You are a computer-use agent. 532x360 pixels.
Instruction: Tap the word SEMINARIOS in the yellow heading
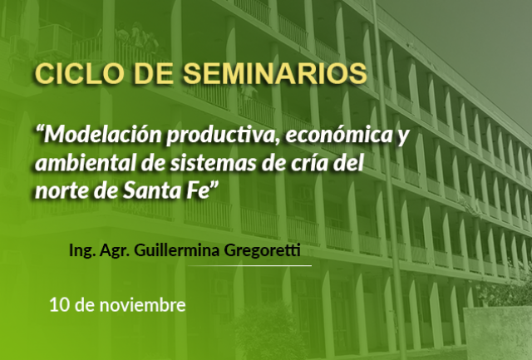tap(275, 73)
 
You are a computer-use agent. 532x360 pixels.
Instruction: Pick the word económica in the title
tap(338, 135)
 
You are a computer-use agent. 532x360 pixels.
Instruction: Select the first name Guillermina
tap(177, 250)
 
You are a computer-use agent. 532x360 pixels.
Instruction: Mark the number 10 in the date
tap(60, 305)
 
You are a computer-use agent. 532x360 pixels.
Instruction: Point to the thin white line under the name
tap(249, 266)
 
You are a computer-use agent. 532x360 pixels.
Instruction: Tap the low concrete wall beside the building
tap(497, 333)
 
